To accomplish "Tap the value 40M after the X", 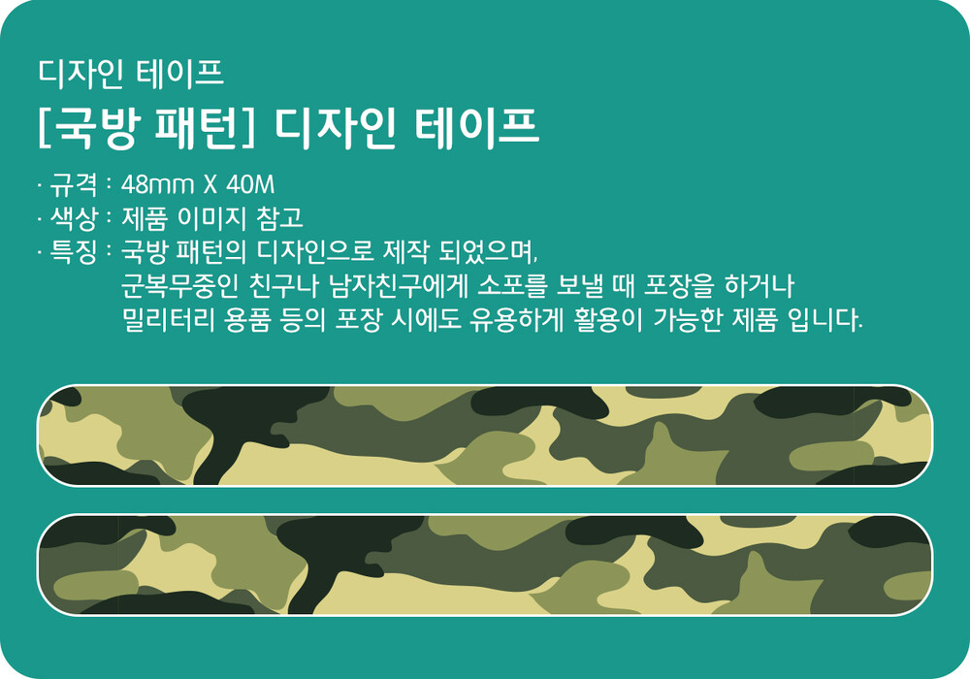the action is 250,184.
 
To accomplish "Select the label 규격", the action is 74,184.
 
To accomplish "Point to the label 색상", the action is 74,217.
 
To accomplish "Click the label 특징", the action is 74,251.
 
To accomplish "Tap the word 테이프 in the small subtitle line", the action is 179,73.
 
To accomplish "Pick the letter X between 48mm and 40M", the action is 210,184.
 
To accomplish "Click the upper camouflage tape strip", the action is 485,436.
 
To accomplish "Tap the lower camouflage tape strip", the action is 485,565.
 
